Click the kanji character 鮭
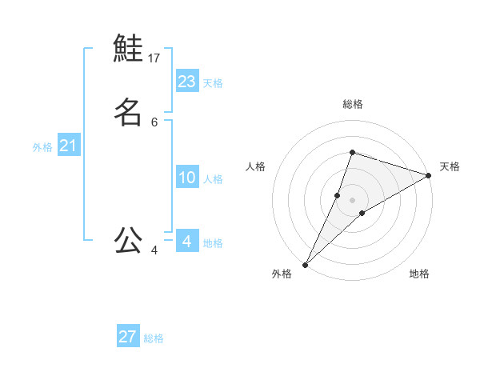pyautogui.click(x=128, y=48)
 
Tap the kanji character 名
pyautogui.click(x=128, y=111)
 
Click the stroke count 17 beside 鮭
pyautogui.click(x=154, y=58)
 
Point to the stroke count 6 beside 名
pyautogui.click(x=154, y=122)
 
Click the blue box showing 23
pyautogui.click(x=187, y=81)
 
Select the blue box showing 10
pyautogui.click(x=187, y=178)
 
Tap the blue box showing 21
pyautogui.click(x=68, y=146)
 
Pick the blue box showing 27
pyautogui.click(x=128, y=337)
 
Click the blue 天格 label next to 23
pyautogui.click(x=213, y=83)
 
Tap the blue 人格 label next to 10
pyautogui.click(x=213, y=179)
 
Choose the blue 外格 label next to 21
pyautogui.click(x=42, y=147)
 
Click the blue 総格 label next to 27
pyautogui.click(x=154, y=338)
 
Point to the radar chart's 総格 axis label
pyautogui.click(x=352, y=104)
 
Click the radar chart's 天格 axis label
pyautogui.click(x=450, y=166)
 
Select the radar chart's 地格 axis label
pyautogui.click(x=419, y=274)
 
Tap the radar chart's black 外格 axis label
pyautogui.click(x=282, y=274)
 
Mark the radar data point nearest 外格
pyautogui.click(x=305, y=263)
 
